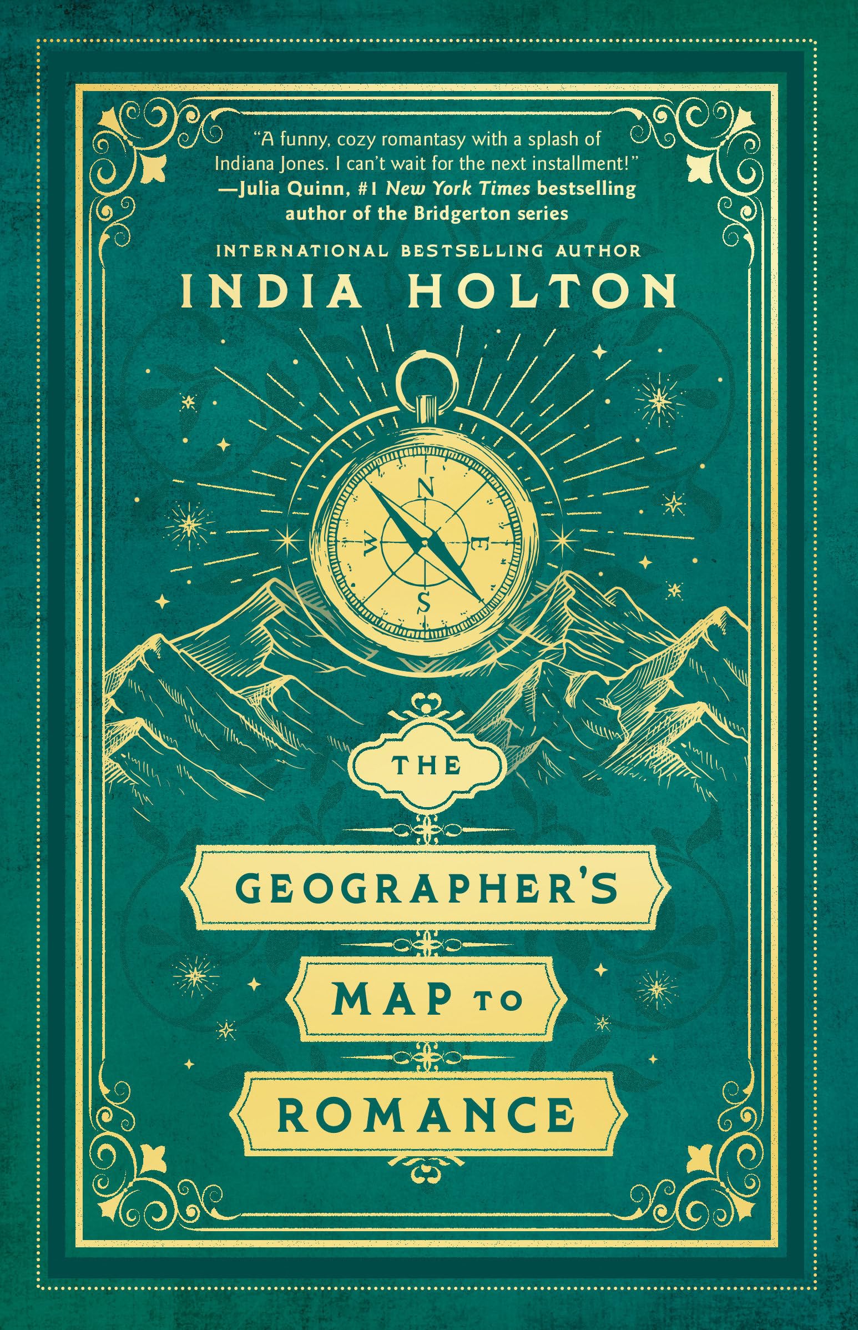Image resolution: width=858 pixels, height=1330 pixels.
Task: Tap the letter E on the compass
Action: coord(480,542)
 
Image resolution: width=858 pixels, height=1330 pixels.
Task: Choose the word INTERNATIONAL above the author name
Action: coord(300,251)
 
